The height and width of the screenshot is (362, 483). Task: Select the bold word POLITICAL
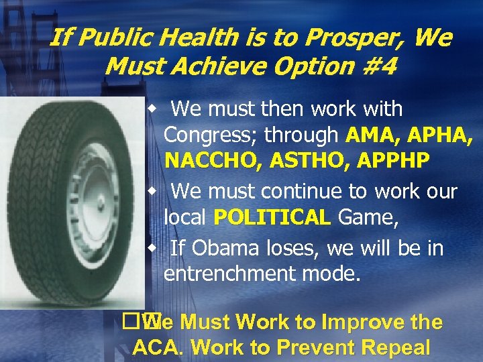[272, 218]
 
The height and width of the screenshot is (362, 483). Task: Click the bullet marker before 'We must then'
[153, 108]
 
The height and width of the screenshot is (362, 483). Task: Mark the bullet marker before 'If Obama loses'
[153, 248]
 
